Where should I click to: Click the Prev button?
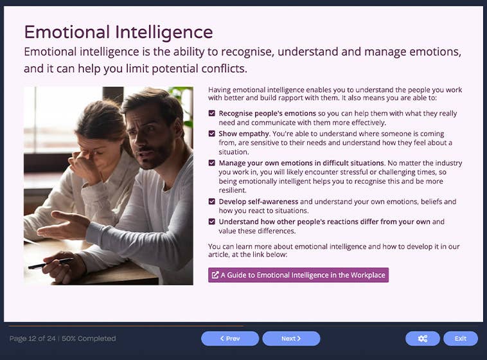point(229,338)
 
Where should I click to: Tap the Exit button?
point(460,338)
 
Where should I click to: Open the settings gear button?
point(422,338)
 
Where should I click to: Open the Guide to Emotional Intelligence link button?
point(298,275)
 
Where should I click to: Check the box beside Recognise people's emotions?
point(212,113)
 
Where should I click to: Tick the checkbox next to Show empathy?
point(212,133)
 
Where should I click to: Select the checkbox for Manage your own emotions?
point(212,163)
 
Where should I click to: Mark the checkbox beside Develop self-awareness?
point(212,202)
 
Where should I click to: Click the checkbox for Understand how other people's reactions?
point(212,222)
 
